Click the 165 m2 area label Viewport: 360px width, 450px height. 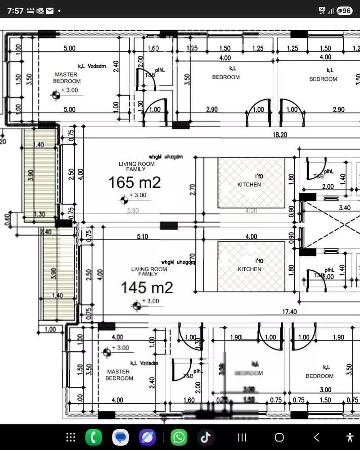[134, 182]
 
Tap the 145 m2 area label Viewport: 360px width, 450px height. [147, 287]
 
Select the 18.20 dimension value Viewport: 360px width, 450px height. [279, 135]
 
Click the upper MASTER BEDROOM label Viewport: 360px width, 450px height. [66, 78]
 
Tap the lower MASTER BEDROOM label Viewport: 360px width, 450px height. [119, 375]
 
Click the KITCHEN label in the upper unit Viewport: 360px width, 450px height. [249, 185]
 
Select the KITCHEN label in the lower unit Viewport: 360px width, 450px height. [249, 269]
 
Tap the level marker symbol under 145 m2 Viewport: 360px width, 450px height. [136, 306]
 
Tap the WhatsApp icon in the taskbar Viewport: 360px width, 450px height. [179, 437]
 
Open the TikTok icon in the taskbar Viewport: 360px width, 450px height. [206, 437]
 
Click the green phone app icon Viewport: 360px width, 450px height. [94, 437]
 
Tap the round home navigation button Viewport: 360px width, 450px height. [279, 437]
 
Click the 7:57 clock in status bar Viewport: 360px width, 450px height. [15, 10]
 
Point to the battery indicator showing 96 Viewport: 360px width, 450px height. [344, 10]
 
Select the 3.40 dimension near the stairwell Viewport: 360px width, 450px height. [344, 208]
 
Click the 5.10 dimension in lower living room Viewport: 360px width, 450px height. [142, 236]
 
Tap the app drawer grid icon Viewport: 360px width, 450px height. [71, 437]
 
